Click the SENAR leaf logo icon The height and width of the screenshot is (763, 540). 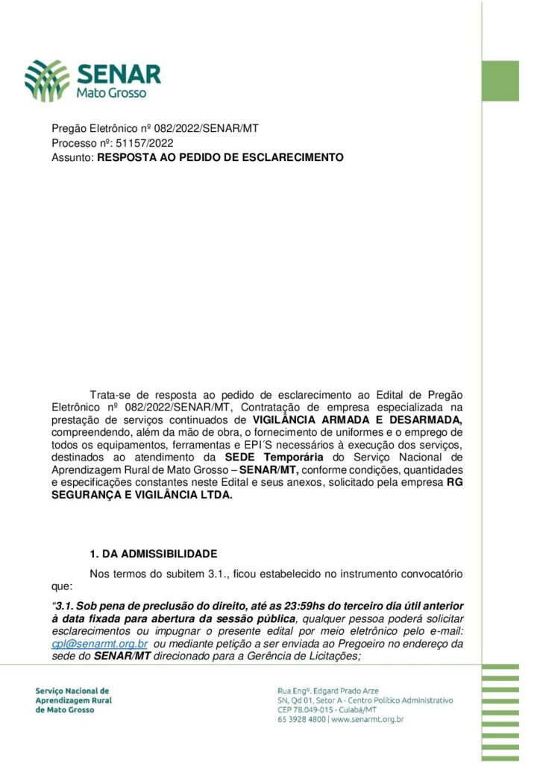(47, 80)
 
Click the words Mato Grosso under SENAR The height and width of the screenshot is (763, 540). (112, 93)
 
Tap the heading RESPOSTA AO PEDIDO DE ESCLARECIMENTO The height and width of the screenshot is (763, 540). (220, 158)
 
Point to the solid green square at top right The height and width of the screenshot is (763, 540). (500, 80)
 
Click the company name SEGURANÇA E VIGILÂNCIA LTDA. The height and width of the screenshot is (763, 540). (142, 495)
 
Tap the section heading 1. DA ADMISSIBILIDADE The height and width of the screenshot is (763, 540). (153, 554)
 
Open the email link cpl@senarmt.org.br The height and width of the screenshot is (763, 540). (99, 643)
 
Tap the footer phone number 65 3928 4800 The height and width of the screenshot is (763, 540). (301, 721)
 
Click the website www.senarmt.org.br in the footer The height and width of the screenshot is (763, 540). (368, 721)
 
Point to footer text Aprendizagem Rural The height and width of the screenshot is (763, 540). (72, 700)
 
